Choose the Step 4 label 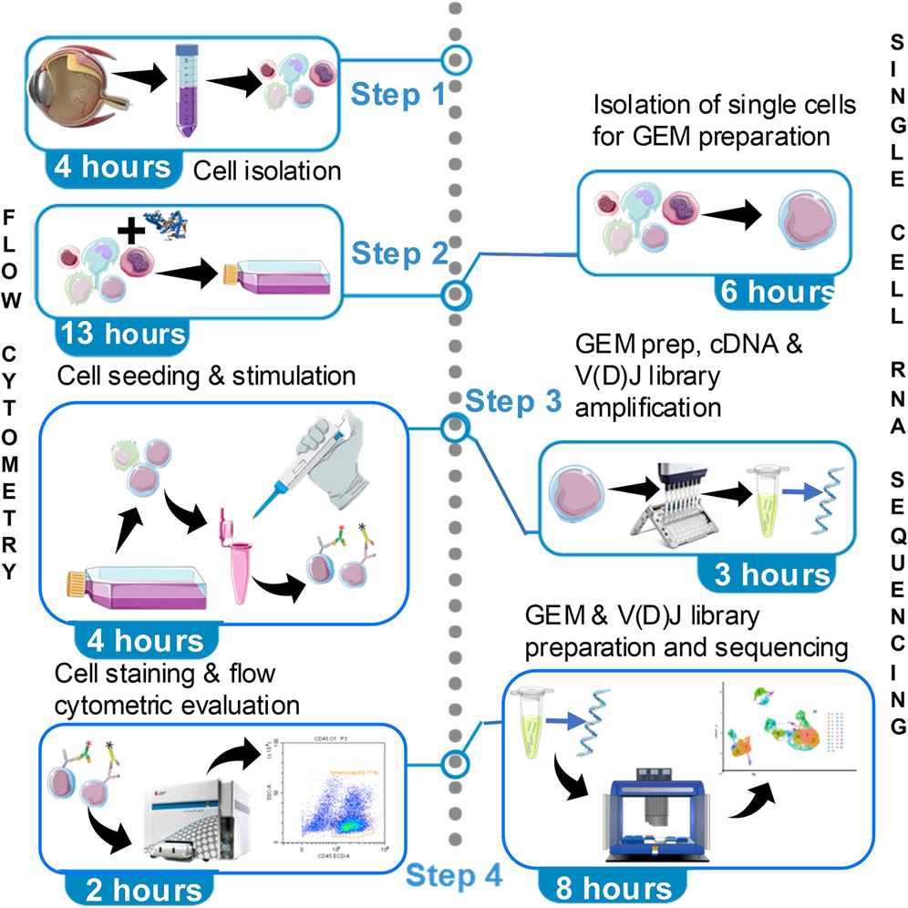(x=453, y=876)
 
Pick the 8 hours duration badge (x=606, y=887)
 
